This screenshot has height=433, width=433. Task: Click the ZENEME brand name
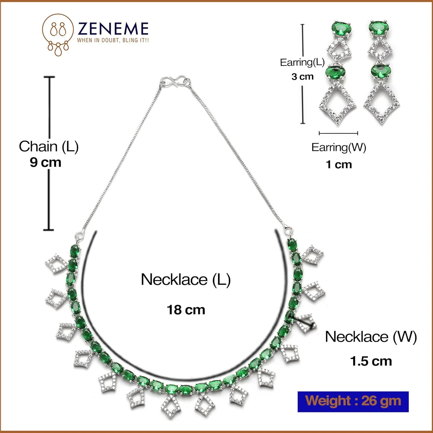tap(113, 29)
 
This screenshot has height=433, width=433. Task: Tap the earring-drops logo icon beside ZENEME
tap(58, 35)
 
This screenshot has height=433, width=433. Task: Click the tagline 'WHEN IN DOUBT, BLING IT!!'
tap(113, 40)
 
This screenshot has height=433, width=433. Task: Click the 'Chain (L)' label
tap(48, 146)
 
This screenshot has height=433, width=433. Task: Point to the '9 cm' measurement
tap(46, 162)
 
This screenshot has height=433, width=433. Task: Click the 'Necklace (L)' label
tap(186, 279)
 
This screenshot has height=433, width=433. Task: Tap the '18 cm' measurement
tap(186, 310)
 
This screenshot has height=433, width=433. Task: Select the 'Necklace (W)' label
tap(371, 337)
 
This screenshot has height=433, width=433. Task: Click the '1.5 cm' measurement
tap(371, 361)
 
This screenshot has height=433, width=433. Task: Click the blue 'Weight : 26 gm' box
tap(353, 401)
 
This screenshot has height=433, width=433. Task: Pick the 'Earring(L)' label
tap(302, 62)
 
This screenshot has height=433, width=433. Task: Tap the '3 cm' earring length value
tap(302, 76)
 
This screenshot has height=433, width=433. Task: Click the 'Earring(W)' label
tap(339, 147)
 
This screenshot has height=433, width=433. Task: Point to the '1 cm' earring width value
tap(339, 165)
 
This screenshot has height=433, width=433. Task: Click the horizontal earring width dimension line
tap(338, 133)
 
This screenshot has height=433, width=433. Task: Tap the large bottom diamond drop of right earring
tap(382, 102)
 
